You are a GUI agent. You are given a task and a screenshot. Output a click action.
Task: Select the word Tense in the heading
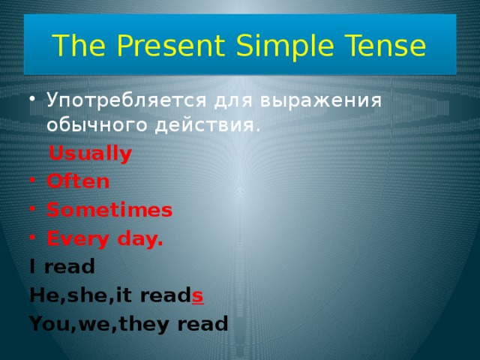click(x=389, y=47)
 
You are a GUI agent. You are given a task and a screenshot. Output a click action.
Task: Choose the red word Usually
click(x=89, y=154)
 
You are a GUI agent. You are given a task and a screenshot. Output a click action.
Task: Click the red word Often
click(x=77, y=182)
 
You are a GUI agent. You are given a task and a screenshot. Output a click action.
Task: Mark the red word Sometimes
click(x=109, y=210)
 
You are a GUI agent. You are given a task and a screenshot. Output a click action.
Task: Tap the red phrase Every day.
click(x=104, y=238)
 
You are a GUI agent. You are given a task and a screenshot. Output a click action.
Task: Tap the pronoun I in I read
click(x=32, y=266)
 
